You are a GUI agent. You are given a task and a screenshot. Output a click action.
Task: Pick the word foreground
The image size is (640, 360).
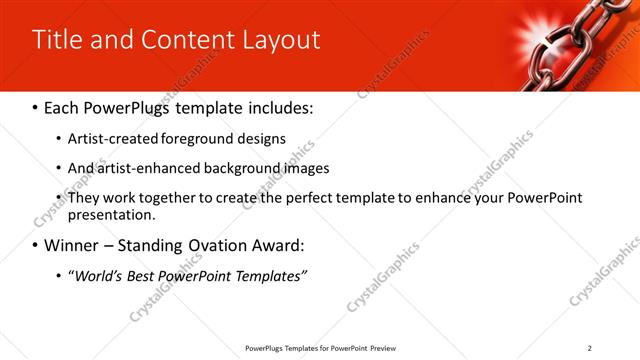pos(206,139)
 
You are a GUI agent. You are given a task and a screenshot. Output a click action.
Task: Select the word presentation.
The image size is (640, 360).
pos(111,214)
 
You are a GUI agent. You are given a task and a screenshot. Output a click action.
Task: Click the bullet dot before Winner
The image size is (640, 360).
pos(37,246)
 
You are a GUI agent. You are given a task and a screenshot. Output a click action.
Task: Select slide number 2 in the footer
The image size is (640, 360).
pos(590,348)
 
